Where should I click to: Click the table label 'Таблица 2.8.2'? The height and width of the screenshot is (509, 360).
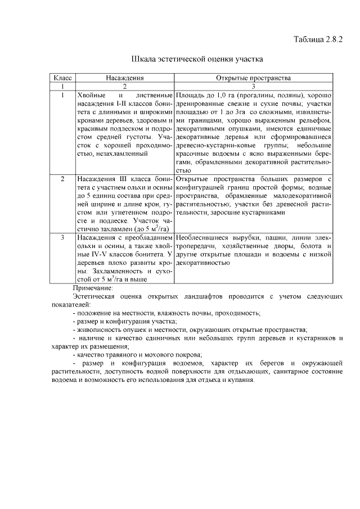pyautogui.click(x=318, y=39)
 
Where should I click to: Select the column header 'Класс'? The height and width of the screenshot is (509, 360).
pyautogui.click(x=62, y=79)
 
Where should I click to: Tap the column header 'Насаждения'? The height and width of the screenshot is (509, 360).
pyautogui.click(x=125, y=79)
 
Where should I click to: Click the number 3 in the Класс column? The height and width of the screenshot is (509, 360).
pyautogui.click(x=62, y=238)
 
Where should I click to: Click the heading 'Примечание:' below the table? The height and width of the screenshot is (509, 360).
pyautogui.click(x=93, y=287)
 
